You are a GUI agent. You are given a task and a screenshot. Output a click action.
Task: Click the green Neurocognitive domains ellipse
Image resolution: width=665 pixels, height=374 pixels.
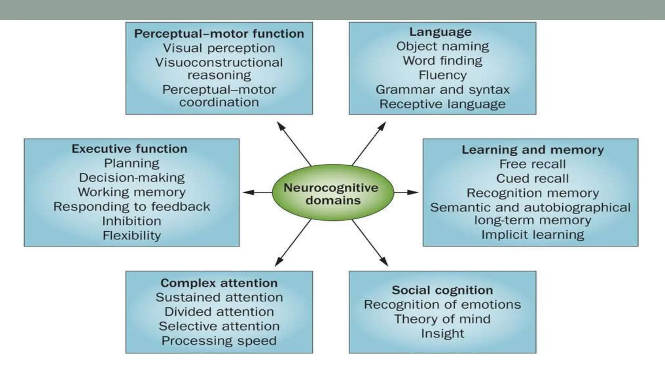pyautogui.click(x=332, y=194)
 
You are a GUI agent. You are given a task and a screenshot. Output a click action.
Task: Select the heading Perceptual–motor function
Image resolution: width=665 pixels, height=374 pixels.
pyautogui.click(x=219, y=34)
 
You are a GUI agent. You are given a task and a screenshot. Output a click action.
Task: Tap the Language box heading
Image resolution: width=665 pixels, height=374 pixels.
pyautogui.click(x=440, y=32)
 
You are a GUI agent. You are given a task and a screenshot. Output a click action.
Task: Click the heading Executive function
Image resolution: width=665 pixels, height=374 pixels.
pyautogui.click(x=130, y=149)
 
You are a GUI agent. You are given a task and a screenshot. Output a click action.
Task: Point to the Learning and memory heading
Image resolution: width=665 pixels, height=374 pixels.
pyautogui.click(x=533, y=150)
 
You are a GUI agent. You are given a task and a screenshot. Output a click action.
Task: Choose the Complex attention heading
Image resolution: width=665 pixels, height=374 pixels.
pyautogui.click(x=219, y=283)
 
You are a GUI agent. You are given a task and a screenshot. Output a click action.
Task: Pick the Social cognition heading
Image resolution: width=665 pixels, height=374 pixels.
pyautogui.click(x=442, y=290)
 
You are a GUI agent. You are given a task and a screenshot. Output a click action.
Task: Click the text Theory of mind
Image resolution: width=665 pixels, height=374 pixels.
pyautogui.click(x=442, y=319)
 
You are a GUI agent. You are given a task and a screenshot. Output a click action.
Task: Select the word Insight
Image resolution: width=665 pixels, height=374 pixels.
pyautogui.click(x=442, y=333)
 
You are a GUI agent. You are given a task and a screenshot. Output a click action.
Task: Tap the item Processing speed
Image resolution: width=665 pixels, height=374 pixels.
pyautogui.click(x=219, y=341)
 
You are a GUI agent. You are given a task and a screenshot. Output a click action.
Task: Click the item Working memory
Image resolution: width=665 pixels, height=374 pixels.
pyautogui.click(x=132, y=192)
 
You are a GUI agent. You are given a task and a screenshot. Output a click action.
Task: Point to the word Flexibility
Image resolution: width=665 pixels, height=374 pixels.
pyautogui.click(x=132, y=235)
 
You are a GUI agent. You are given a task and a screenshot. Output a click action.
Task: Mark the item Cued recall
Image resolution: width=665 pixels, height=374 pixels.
pyautogui.click(x=532, y=178)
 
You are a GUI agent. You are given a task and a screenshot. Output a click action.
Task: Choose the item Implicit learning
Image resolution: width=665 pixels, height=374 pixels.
pyautogui.click(x=533, y=234)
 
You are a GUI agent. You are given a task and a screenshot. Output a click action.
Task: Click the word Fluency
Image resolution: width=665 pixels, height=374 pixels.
pyautogui.click(x=442, y=75)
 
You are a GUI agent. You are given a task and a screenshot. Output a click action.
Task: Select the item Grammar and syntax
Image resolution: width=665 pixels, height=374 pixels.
pyautogui.click(x=442, y=90)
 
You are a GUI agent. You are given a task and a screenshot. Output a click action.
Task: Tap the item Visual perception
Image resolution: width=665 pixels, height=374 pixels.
pyautogui.click(x=219, y=48)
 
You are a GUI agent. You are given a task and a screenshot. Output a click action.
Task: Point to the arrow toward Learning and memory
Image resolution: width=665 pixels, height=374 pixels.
pyautogui.click(x=406, y=192)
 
